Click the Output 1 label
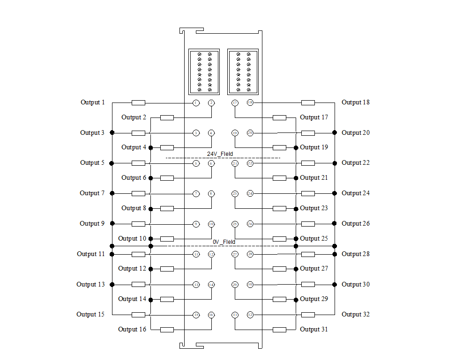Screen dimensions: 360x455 (x=93, y=103)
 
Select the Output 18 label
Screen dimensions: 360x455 (x=356, y=103)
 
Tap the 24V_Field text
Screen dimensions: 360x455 (x=220, y=154)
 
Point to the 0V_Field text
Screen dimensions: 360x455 (x=224, y=242)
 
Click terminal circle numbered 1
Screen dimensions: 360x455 (x=196, y=103)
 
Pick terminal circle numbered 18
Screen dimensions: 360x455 (x=250, y=103)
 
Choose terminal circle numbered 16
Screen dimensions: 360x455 (x=211, y=315)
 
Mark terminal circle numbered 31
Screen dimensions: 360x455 (x=235, y=315)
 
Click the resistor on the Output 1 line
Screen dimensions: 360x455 (x=138, y=103)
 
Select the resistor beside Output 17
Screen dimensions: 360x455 (x=279, y=118)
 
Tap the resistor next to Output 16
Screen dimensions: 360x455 (x=167, y=330)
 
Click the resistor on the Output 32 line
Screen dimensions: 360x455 (x=308, y=315)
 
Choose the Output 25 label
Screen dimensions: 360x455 (x=314, y=239)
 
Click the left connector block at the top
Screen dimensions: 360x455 (x=204, y=72)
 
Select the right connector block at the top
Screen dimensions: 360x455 (x=243, y=72)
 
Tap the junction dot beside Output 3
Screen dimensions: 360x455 (x=112, y=133)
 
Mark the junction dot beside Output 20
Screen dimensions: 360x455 (x=335, y=133)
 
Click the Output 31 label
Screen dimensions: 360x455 (x=314, y=330)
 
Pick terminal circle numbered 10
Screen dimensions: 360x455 (x=211, y=224)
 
